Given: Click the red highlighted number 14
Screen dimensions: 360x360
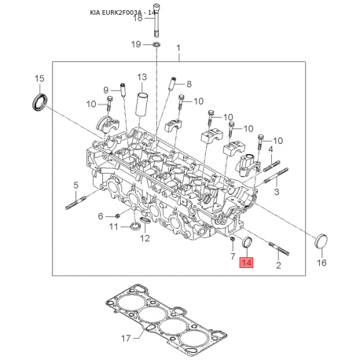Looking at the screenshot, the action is click(x=246, y=263).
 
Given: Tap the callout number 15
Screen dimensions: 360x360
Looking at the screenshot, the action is click(x=39, y=79).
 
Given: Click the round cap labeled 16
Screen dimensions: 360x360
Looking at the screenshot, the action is click(x=321, y=241).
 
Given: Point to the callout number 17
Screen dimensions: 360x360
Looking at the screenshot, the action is click(x=126, y=338).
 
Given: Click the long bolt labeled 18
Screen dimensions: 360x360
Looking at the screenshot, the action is click(x=156, y=20).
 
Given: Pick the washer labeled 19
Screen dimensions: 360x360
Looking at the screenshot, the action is click(x=156, y=45).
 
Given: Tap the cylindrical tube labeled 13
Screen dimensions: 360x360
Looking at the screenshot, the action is click(x=141, y=105).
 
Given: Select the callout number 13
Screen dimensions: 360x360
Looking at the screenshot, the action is click(x=142, y=77).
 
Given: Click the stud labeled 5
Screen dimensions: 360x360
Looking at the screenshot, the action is click(x=75, y=203).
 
